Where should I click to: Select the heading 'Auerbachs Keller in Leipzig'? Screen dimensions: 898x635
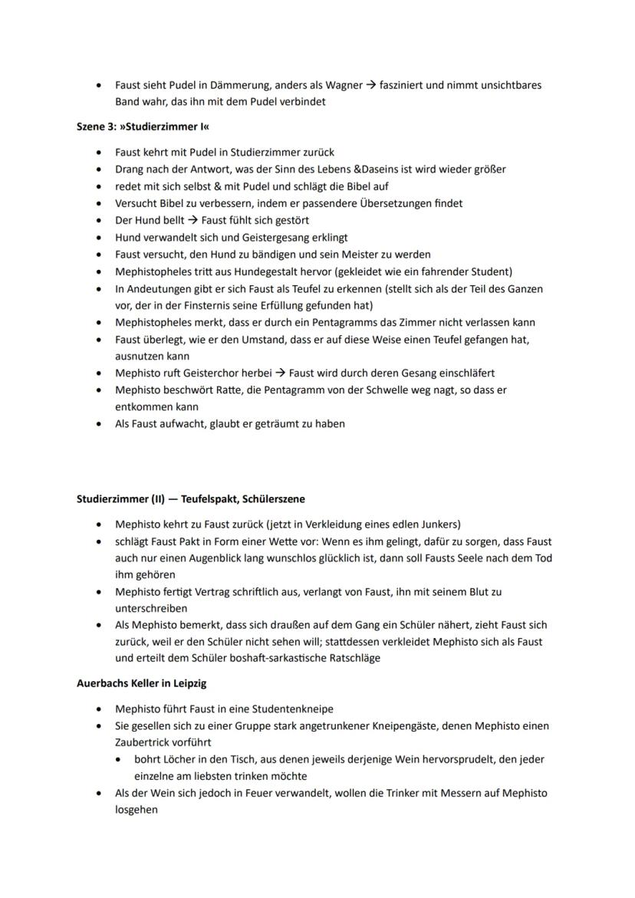(141, 683)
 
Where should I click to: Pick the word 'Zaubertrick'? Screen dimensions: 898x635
(142, 742)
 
